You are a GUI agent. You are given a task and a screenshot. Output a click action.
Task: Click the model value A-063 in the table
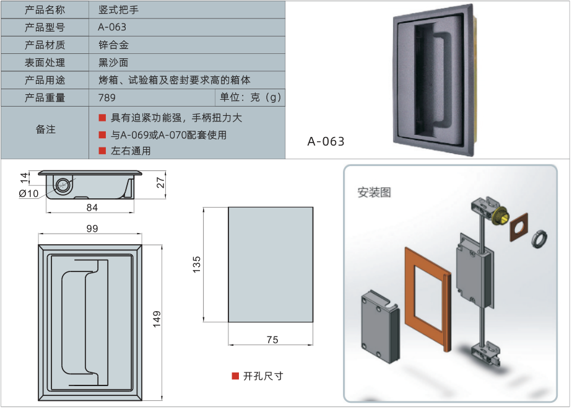(x=112, y=27)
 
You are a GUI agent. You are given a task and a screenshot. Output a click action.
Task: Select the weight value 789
(x=107, y=97)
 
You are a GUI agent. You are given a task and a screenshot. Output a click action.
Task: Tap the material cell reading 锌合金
(x=113, y=45)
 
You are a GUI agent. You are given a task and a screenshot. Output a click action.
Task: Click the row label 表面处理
(x=45, y=62)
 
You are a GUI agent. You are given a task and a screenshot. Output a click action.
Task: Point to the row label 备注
(x=46, y=130)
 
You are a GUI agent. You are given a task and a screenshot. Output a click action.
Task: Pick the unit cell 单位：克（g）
(x=251, y=97)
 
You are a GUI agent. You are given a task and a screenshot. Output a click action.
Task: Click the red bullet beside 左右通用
(x=102, y=151)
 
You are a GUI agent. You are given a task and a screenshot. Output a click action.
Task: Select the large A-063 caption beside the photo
(x=326, y=141)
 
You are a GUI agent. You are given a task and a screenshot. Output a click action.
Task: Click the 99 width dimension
(x=92, y=229)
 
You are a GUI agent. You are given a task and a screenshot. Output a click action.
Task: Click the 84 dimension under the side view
(x=92, y=207)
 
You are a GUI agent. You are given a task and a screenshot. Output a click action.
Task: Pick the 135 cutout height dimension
(x=197, y=264)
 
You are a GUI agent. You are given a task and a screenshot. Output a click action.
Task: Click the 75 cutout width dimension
(x=272, y=339)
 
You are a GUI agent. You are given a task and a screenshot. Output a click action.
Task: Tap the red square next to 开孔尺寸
(x=235, y=376)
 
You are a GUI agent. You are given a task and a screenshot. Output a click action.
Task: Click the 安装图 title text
(x=374, y=192)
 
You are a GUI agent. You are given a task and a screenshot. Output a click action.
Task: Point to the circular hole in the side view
(x=63, y=185)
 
